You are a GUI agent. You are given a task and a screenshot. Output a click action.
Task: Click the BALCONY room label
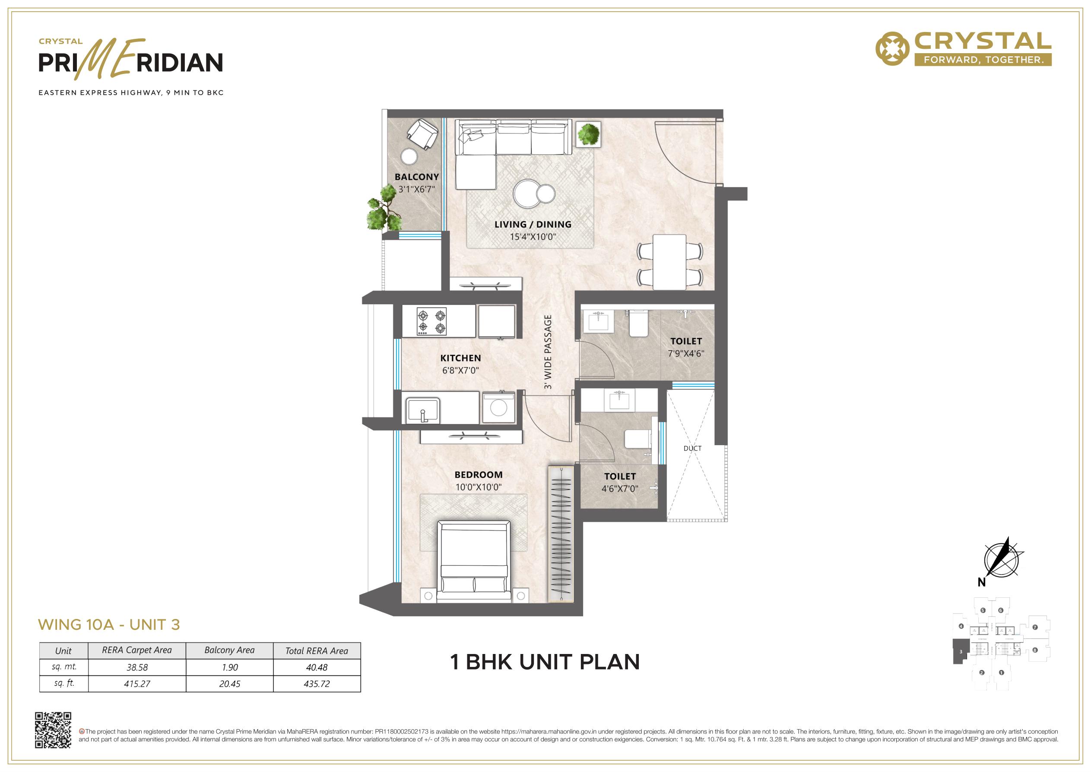(417, 177)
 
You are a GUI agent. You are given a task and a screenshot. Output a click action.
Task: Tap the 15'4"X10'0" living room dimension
(533, 237)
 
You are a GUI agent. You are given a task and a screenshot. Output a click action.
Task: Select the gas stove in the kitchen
(431, 322)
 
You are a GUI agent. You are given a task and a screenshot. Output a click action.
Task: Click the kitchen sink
(422, 410)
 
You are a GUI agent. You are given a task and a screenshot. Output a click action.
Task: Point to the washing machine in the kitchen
(499, 408)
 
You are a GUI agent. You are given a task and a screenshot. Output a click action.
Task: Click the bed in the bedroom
(474, 562)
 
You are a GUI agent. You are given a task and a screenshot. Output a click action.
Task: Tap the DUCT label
(692, 448)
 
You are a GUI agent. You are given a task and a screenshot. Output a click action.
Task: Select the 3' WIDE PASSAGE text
(548, 352)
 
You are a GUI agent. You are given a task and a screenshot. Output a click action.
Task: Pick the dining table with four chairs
(669, 262)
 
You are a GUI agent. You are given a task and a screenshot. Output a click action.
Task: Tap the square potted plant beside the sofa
(589, 134)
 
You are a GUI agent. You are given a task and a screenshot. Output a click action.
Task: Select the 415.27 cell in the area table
(137, 684)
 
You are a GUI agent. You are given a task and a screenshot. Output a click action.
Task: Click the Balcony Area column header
(229, 650)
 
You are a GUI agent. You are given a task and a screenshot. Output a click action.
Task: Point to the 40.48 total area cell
(317, 667)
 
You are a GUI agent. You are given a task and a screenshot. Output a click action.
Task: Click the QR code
(53, 730)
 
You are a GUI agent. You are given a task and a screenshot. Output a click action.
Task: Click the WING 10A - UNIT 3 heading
(109, 625)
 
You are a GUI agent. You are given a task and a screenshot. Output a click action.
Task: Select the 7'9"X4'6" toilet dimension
(686, 354)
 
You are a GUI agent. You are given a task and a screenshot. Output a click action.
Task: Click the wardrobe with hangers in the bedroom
(561, 534)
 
